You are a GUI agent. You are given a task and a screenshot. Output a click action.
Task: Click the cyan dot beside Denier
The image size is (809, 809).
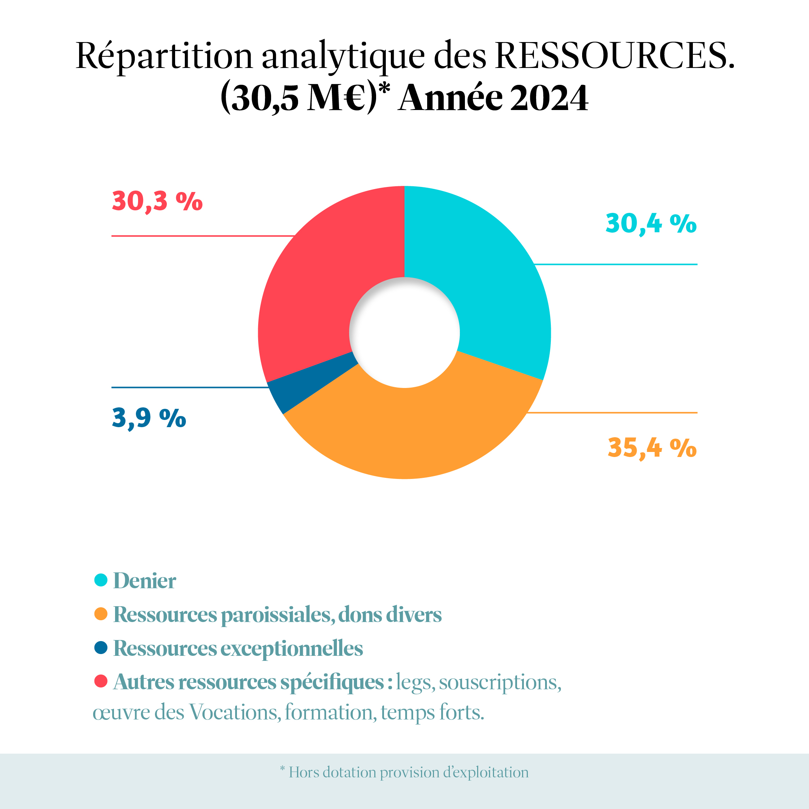(101, 580)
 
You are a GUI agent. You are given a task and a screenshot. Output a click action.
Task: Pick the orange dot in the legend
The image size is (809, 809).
(101, 614)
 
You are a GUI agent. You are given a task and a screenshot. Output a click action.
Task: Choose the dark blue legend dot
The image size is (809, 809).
(101, 647)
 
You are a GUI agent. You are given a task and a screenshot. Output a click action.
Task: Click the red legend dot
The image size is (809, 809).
(101, 681)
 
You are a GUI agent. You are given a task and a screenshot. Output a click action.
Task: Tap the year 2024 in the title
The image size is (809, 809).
(549, 98)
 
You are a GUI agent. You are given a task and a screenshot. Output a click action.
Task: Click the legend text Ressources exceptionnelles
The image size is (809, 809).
(238, 648)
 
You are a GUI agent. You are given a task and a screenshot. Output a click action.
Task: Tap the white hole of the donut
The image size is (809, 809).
(404, 333)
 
